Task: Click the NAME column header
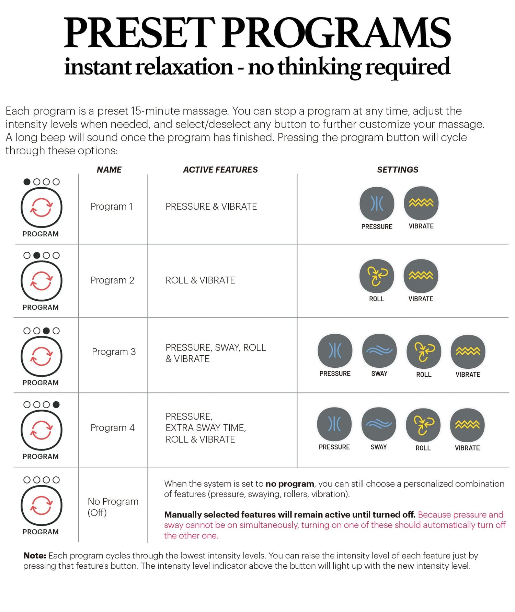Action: pos(109,170)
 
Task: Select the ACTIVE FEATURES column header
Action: pos(220,170)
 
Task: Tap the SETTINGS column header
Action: pos(398,170)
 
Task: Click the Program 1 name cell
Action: pos(112,207)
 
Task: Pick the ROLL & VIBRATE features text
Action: pos(200,280)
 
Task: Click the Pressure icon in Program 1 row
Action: pos(377,203)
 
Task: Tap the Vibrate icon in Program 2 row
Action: pos(421,276)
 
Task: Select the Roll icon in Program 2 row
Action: pos(377,276)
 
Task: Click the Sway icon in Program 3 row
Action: pos(379,351)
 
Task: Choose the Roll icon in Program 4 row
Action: pos(423,425)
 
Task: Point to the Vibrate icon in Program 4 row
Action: pos(467,425)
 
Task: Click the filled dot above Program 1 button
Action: pos(27,182)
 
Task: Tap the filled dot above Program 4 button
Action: pos(56,404)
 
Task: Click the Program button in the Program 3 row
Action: pos(42,357)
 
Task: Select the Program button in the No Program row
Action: pos(42,505)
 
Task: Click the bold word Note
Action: pos(34,556)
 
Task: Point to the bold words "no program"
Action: pos(289,484)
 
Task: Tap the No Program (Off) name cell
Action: pos(113,507)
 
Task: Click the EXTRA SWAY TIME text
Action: pos(205,428)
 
